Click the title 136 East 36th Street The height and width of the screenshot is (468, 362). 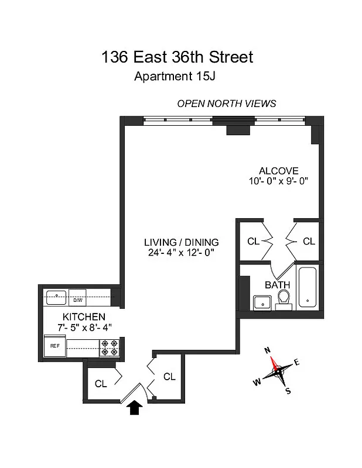(x=177, y=57)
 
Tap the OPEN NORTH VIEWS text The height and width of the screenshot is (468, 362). (x=227, y=104)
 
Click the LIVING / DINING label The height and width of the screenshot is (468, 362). (x=182, y=242)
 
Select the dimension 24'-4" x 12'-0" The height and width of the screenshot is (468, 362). (x=182, y=253)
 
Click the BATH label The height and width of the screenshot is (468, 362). (x=278, y=285)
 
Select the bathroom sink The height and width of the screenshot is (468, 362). (x=261, y=302)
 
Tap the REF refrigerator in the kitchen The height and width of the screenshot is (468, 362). (x=56, y=346)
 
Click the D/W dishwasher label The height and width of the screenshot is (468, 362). (x=78, y=300)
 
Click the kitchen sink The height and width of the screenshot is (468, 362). (x=57, y=297)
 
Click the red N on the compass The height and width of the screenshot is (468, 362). (x=268, y=351)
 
